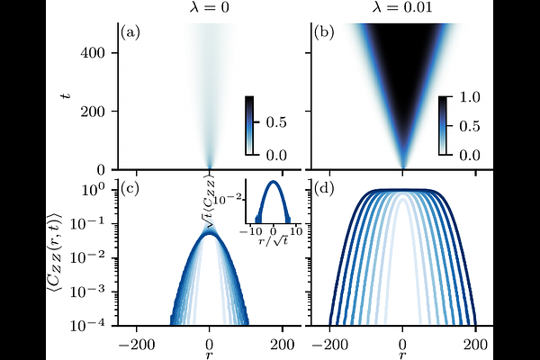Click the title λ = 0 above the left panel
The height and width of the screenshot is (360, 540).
pyautogui.click(x=209, y=7)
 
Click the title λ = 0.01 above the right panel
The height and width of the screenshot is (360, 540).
pyautogui.click(x=402, y=7)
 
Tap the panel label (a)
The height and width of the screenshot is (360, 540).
pyautogui.click(x=130, y=32)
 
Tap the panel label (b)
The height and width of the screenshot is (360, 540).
pyautogui.click(x=324, y=32)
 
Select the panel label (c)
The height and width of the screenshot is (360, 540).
pyautogui.click(x=130, y=190)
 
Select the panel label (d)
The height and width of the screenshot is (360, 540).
pyautogui.click(x=324, y=190)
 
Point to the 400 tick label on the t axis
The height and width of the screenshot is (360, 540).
pyautogui.click(x=93, y=53)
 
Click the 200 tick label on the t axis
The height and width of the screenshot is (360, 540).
pyautogui.click(x=93, y=112)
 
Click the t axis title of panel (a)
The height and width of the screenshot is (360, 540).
pyautogui.click(x=65, y=94)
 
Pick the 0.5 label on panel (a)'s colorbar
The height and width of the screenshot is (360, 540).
pyautogui.click(x=276, y=122)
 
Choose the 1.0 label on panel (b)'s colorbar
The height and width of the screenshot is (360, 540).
pyautogui.click(x=470, y=97)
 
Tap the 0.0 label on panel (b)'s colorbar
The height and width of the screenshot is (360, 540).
pyautogui.click(x=470, y=156)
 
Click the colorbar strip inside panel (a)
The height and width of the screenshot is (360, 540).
pyautogui.click(x=249, y=126)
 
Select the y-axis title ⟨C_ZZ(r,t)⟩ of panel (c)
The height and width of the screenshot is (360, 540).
pyautogui.click(x=54, y=257)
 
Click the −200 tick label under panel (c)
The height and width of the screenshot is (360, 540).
pyautogui.click(x=137, y=345)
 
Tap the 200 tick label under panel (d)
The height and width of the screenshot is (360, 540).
pyautogui.click(x=475, y=345)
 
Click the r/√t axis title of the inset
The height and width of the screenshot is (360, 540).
pyautogui.click(x=274, y=241)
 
